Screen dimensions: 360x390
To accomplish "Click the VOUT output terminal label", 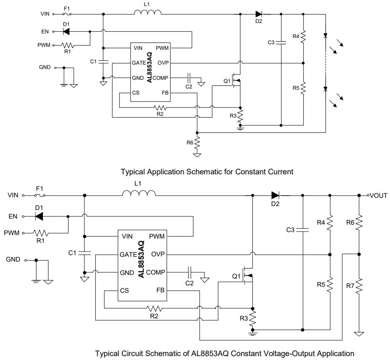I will pos(379,195).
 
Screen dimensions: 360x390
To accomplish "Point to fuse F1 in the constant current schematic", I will pos(67,14).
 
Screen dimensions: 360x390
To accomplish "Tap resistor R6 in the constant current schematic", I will pos(197,142).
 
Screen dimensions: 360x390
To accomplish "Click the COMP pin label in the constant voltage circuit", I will pos(155,272).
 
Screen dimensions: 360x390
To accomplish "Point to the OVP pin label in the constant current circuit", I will pos(163,63).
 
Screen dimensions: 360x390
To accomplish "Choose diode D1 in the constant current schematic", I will pos(66,31).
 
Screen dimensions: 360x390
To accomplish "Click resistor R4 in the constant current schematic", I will pos(303,35).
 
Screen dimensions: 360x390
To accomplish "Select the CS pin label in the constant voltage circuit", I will pos(124,291).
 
